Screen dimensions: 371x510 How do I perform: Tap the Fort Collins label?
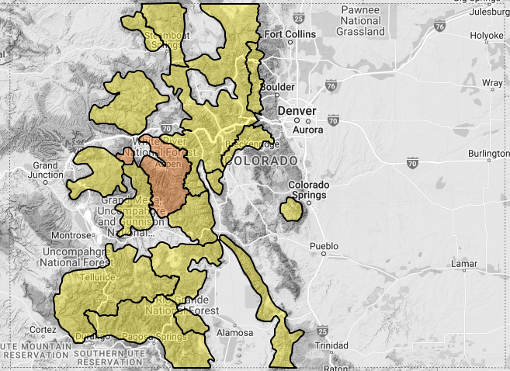pos(290,35)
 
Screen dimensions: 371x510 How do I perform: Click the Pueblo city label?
pos(324,246)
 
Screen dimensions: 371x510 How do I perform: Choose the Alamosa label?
pos(235,332)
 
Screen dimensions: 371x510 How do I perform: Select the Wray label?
pos(491,82)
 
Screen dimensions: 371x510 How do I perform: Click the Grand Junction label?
pos(47,171)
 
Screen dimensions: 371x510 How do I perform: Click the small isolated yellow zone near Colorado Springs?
pos(291,209)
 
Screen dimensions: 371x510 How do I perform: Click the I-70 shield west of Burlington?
pos(411,164)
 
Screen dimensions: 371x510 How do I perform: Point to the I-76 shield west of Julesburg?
pos(439,26)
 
